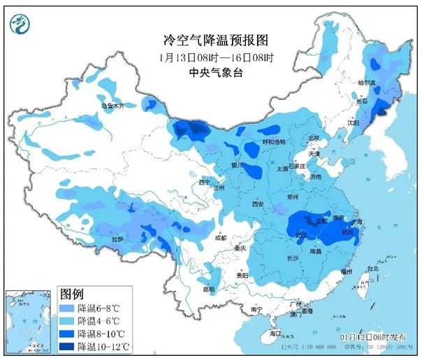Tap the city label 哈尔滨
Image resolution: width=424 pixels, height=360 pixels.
click(x=367, y=83)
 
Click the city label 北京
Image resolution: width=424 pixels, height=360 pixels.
click(x=314, y=138)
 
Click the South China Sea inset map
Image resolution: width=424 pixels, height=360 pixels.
click(x=28, y=322)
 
